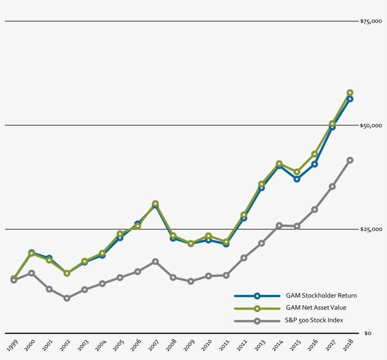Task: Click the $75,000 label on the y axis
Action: click(x=370, y=21)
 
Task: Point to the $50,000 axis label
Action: click(x=370, y=126)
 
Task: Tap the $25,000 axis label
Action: click(x=370, y=230)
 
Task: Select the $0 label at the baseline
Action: click(x=369, y=334)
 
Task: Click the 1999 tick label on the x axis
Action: click(x=13, y=343)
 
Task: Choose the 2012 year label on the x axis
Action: click(x=243, y=343)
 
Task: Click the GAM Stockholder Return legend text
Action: click(x=321, y=296)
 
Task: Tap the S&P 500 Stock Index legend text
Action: click(x=314, y=320)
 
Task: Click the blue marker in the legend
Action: click(x=257, y=296)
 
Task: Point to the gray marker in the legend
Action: click(x=257, y=321)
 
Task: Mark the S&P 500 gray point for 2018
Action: click(x=350, y=160)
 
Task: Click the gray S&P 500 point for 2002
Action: click(x=67, y=298)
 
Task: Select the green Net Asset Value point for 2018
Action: click(x=350, y=93)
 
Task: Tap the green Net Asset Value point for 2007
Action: click(x=155, y=204)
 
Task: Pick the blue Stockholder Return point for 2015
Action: click(x=297, y=179)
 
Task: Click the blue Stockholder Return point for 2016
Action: click(x=314, y=164)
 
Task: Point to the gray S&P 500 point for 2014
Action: click(x=279, y=225)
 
